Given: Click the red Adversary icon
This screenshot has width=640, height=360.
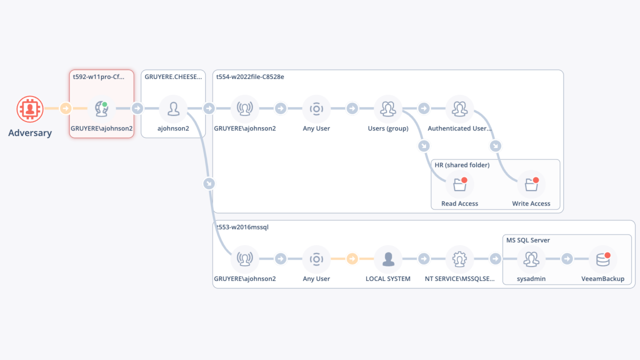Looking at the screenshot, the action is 30,109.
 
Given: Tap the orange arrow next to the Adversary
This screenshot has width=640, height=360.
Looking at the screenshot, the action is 65,108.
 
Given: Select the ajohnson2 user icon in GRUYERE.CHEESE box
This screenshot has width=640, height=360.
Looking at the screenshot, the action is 173,109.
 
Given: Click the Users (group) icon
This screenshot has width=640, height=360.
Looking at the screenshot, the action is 388,109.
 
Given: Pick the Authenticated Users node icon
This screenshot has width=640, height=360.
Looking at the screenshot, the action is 459,109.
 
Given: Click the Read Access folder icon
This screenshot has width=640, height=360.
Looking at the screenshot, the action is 460,184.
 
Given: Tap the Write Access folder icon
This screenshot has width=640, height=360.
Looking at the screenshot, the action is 531,184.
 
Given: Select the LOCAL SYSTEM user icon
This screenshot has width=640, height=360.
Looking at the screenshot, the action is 388,259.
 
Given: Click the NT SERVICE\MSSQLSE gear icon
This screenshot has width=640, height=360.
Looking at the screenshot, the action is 459,259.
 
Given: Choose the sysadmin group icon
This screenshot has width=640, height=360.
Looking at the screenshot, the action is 531,259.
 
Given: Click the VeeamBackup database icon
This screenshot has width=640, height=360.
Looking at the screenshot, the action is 603,259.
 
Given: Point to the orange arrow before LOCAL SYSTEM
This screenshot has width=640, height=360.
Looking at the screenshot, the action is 352,259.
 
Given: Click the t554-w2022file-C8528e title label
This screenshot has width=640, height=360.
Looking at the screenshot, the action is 250,77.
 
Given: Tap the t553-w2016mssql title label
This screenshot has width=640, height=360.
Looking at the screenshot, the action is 242,227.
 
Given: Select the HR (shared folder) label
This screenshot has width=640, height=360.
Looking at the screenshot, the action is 462,165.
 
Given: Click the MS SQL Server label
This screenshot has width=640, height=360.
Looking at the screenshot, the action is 528,240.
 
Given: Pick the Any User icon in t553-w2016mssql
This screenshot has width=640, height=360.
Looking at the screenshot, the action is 316,259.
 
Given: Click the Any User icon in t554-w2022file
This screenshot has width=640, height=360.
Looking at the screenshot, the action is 316,109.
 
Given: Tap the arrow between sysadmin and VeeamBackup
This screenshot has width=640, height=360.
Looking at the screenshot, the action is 567,259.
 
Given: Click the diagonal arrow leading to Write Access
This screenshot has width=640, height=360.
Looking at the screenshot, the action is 495,146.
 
